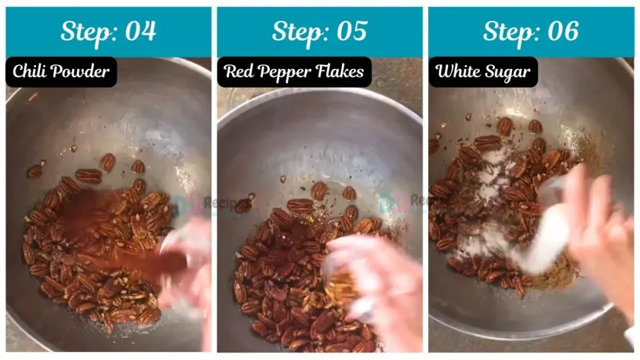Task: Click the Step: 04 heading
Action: pos(108,31)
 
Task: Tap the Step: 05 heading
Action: pos(319,31)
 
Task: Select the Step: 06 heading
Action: pos(531,31)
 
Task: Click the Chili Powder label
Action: pos(61,72)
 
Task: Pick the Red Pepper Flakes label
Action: pos(294,72)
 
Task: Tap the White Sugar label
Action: pos(483,72)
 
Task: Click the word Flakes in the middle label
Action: pos(340,72)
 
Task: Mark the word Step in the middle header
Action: pos(294,31)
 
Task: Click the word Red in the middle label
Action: pos(237,72)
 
